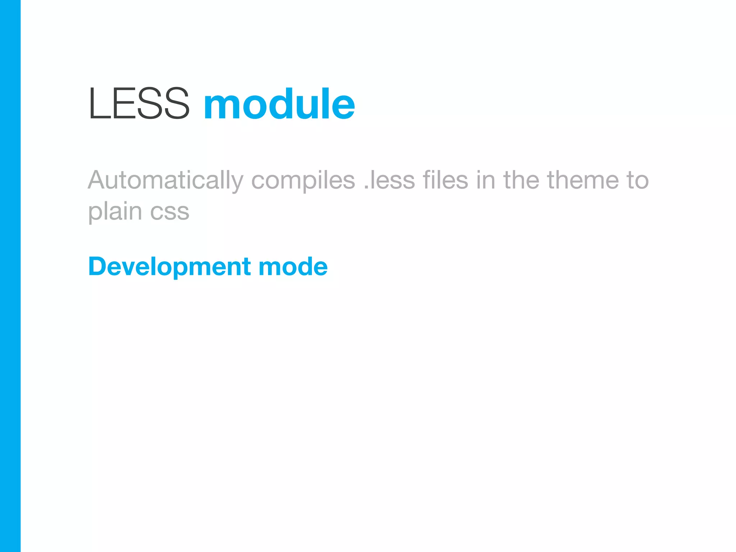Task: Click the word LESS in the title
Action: pyautogui.click(x=139, y=104)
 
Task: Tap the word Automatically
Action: pyautogui.click(x=166, y=180)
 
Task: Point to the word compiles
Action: pyautogui.click(x=303, y=180)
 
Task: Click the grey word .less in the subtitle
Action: pyautogui.click(x=389, y=180)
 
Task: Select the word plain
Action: pyautogui.click(x=115, y=212)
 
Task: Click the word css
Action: pyautogui.click(x=170, y=212)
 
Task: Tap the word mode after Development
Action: pyautogui.click(x=293, y=267)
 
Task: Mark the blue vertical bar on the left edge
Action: pyautogui.click(x=10, y=276)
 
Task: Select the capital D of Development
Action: pyautogui.click(x=98, y=267)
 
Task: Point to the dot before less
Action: pyautogui.click(x=366, y=187)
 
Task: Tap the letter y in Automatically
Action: pyautogui.click(x=237, y=183)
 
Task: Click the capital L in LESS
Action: pyautogui.click(x=98, y=104)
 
